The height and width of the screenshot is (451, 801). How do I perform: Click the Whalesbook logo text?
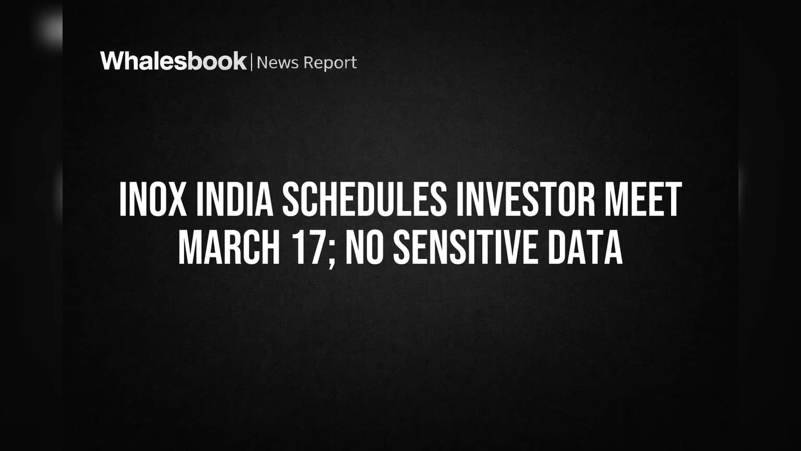click(174, 61)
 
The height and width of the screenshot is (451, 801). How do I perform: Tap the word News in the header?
click(277, 63)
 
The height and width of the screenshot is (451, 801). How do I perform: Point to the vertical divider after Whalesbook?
click(252, 62)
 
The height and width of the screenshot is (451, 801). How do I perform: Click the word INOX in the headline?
click(153, 199)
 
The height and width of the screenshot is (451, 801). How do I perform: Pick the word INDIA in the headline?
click(235, 199)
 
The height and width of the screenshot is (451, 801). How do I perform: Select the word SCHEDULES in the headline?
click(365, 199)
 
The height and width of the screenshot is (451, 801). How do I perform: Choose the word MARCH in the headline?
click(229, 248)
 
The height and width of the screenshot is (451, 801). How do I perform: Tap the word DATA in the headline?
click(586, 248)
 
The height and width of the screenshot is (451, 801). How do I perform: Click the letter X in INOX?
click(177, 199)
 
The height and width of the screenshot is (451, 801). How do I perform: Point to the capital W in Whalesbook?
click(113, 61)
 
